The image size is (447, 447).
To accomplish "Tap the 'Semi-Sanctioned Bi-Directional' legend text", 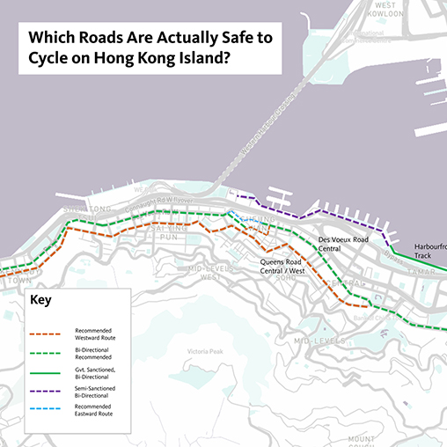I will tap(96, 392).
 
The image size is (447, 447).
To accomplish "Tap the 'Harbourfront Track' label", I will tap(429, 251).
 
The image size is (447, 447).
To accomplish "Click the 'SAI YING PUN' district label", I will tap(171, 231).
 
